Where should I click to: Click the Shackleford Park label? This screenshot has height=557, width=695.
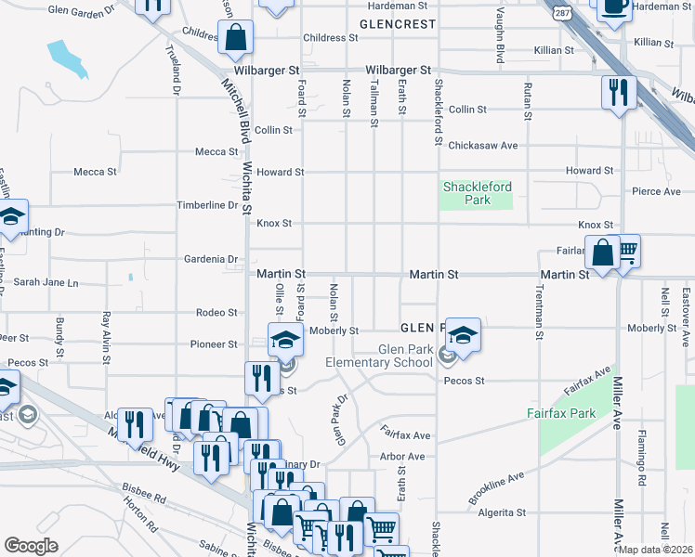(478, 193)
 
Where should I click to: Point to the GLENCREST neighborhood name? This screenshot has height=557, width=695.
(397, 24)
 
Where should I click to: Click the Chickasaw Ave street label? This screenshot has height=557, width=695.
(482, 146)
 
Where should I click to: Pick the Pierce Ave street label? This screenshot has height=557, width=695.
(656, 191)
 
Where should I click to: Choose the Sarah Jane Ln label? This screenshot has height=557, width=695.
(46, 282)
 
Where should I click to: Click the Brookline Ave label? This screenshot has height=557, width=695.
(496, 487)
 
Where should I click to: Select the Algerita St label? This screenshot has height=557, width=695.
(501, 512)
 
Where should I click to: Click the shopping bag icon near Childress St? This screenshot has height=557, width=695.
(237, 38)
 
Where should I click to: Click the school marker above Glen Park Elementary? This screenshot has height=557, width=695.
(462, 334)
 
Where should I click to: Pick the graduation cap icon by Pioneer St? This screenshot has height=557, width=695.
(286, 339)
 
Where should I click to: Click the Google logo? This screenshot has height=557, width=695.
(31, 546)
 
